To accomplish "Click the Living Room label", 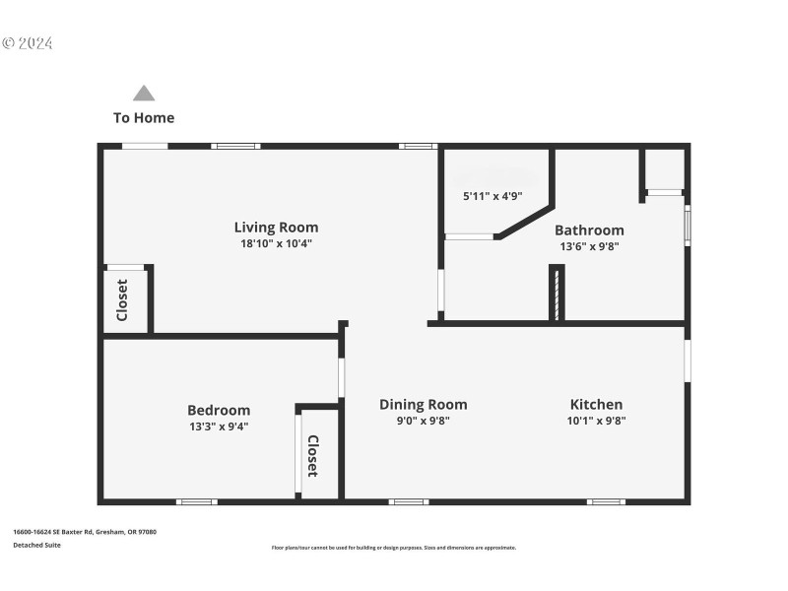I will coord(276,228).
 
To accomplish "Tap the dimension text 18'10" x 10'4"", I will coord(276,243).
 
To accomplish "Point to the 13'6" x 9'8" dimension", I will coord(590,246).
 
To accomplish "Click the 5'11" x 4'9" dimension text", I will coord(492,196).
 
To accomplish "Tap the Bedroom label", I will coord(219,410).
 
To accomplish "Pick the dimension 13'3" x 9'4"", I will coord(218,427).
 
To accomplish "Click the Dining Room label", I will coord(424,404).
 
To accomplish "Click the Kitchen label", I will coord(596,404).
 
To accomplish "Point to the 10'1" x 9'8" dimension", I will coord(598,421).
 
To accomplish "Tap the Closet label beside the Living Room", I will coord(123,300).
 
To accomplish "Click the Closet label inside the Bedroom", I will coord(312,456).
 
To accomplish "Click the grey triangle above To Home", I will coord(144,94).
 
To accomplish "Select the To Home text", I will coord(144,118).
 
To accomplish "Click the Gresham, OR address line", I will coord(84,532).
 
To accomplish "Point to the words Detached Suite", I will coord(36,545).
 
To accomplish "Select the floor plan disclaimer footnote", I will coord(393,548).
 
